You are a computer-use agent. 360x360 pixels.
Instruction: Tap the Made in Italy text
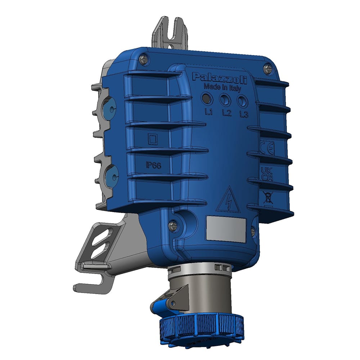(222, 87)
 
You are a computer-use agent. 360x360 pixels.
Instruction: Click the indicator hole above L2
(224, 99)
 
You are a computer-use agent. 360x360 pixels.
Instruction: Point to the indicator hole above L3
(242, 101)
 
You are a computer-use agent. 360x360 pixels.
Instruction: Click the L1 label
(209, 112)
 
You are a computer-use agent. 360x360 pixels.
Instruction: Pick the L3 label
(244, 115)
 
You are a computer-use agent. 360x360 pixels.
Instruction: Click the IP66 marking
(153, 165)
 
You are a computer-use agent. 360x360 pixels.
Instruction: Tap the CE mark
(267, 148)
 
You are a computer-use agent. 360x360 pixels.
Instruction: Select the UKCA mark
(267, 173)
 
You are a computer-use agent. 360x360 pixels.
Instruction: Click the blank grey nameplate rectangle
(225, 229)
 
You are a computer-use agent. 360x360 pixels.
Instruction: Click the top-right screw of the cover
(267, 68)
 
